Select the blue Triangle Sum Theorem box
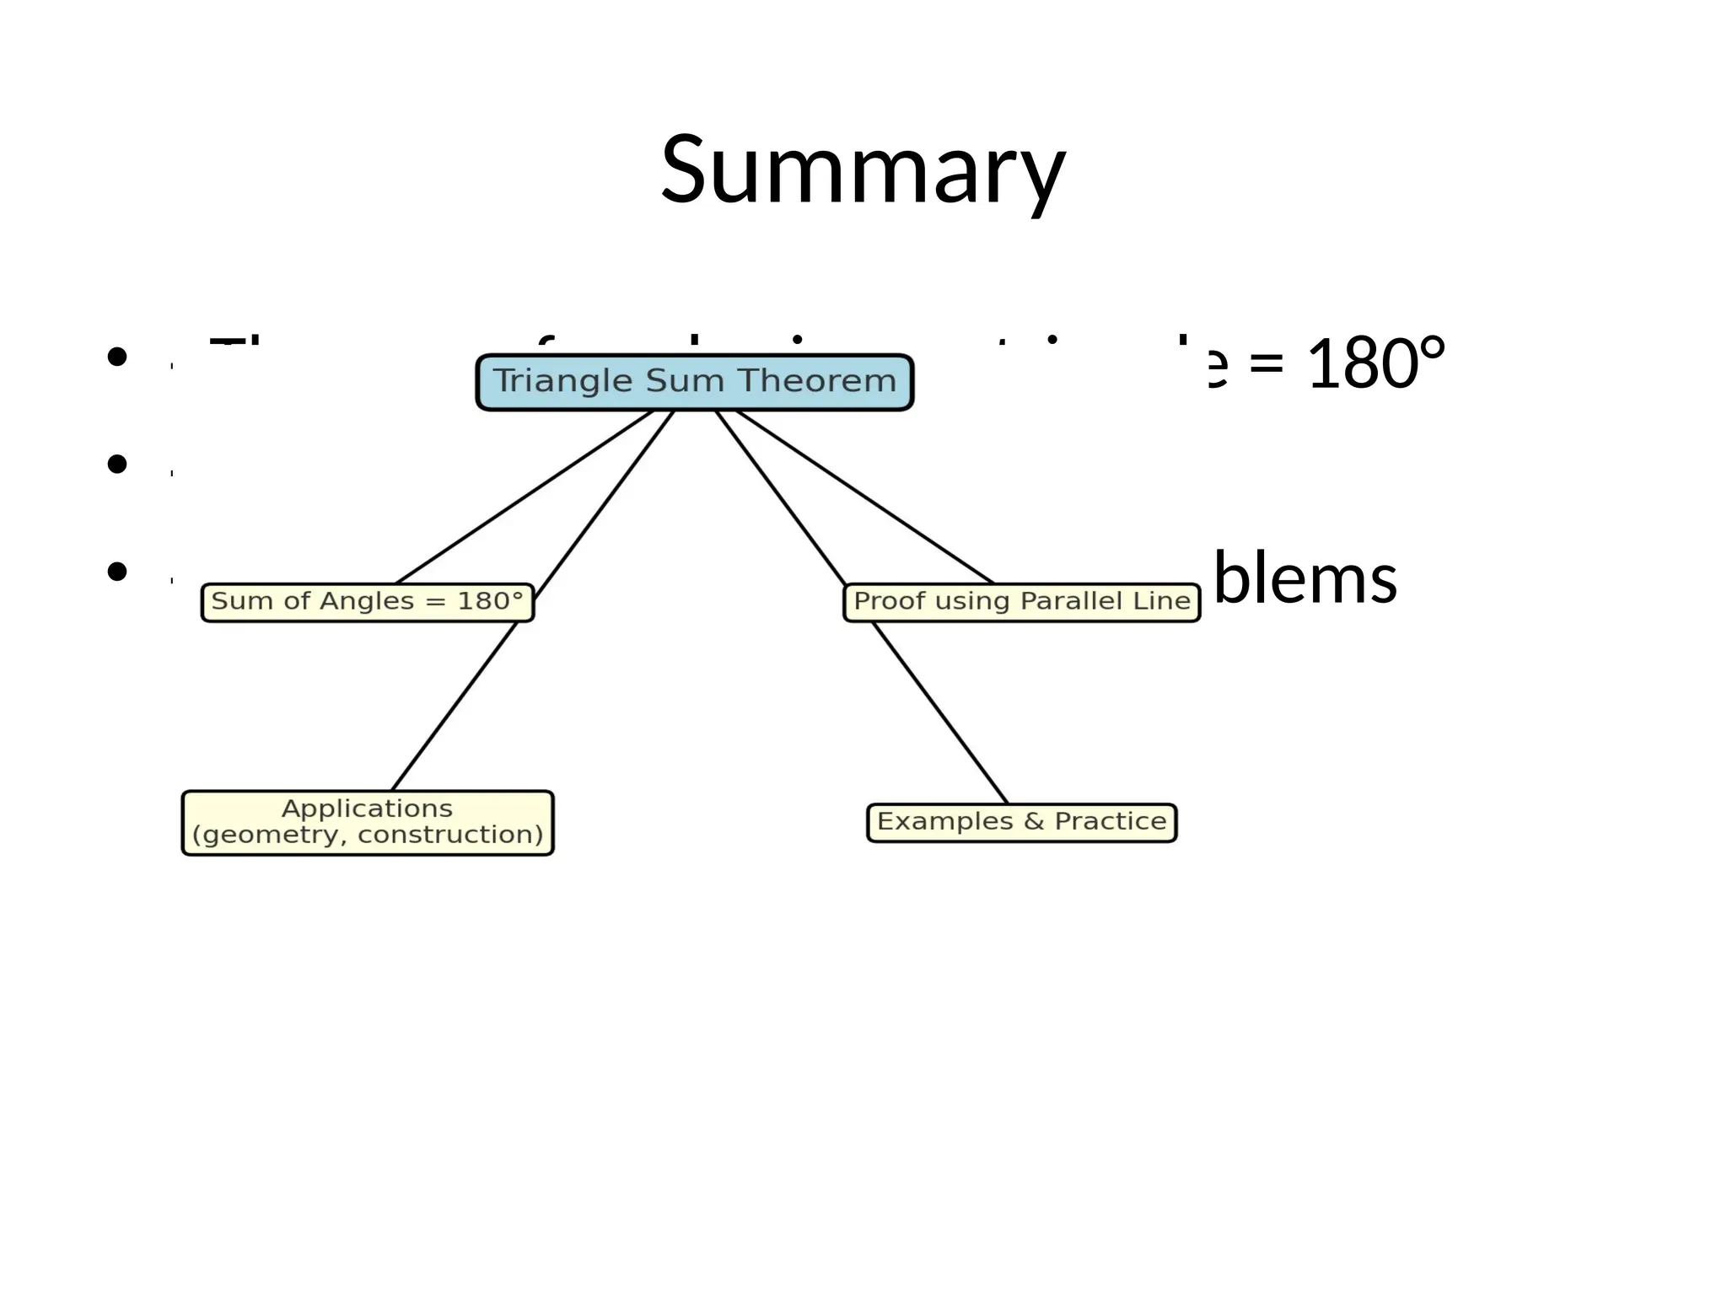tap(694, 382)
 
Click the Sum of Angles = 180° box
tap(367, 602)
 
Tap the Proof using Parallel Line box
tap(1021, 602)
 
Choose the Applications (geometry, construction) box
tap(367, 822)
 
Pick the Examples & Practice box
tap(1021, 822)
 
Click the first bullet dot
tap(117, 357)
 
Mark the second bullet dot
tap(117, 464)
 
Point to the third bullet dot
tap(117, 572)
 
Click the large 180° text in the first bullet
tap(1375, 364)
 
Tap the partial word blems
tap(1305, 578)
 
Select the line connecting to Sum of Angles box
tap(523, 497)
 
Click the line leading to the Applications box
tap(455, 700)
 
